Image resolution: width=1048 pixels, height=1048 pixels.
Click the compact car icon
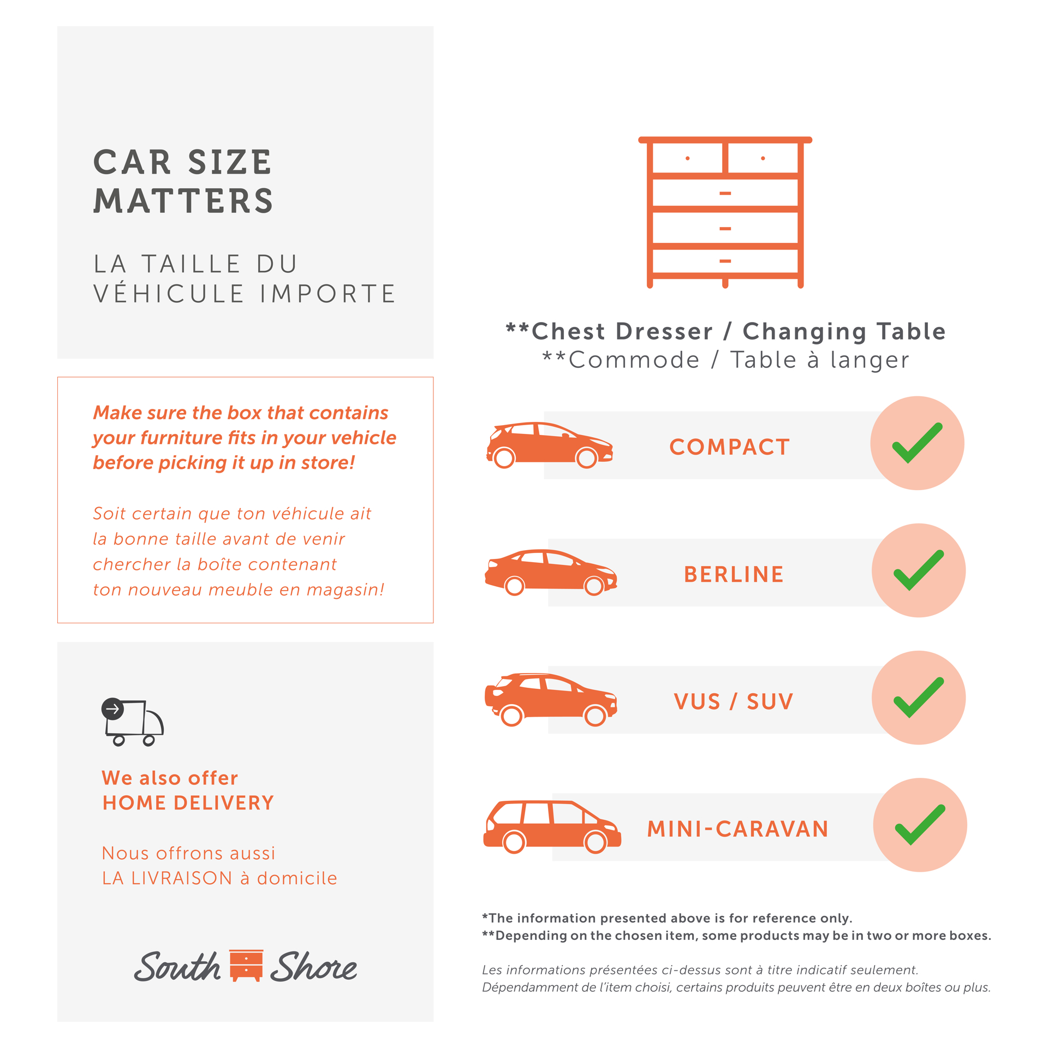pyautogui.click(x=549, y=445)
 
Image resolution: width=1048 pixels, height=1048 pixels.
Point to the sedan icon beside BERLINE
pyautogui.click(x=550, y=572)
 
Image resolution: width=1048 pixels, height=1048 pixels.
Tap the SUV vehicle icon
pyautogui.click(x=550, y=700)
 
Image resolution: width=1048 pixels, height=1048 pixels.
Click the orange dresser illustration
pyautogui.click(x=725, y=212)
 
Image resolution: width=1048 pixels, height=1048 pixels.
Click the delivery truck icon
pyautogui.click(x=133, y=722)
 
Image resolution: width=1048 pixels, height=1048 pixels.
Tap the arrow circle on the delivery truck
pyautogui.click(x=112, y=708)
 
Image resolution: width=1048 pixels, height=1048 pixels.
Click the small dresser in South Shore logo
pyautogui.click(x=246, y=965)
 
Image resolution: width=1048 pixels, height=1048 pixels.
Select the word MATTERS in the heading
pyautogui.click(x=183, y=200)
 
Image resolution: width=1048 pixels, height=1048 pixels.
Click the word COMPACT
pyautogui.click(x=729, y=447)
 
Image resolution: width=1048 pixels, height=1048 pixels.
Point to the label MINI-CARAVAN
pyautogui.click(x=737, y=829)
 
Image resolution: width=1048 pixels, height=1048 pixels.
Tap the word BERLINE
pyautogui.click(x=733, y=574)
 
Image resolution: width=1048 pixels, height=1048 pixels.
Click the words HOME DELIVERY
pyautogui.click(x=188, y=802)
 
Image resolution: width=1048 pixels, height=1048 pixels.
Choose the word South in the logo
pyautogui.click(x=177, y=966)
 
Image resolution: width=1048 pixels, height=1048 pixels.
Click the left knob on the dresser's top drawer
pyautogui.click(x=687, y=158)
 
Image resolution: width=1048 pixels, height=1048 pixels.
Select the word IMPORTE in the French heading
pyautogui.click(x=327, y=294)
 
